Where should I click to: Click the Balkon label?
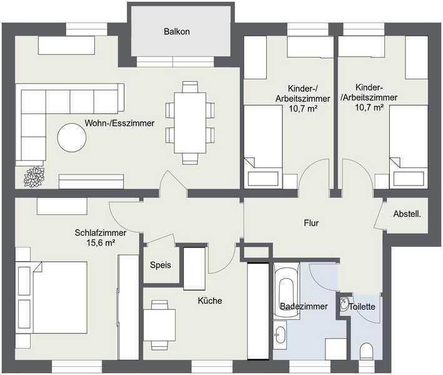(177, 31)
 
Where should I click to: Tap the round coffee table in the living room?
(72, 137)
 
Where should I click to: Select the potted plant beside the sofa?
(34, 177)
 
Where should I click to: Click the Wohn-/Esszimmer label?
(119, 123)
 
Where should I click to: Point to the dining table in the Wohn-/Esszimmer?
(190, 122)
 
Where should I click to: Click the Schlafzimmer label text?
(101, 232)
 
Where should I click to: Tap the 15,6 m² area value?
(101, 242)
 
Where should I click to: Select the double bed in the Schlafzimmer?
(51, 297)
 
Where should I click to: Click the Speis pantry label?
(161, 265)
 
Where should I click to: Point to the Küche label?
(210, 301)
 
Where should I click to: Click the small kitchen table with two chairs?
(159, 325)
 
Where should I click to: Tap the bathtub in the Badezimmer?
(287, 291)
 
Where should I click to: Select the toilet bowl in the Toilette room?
(367, 351)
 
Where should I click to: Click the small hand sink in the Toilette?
(344, 304)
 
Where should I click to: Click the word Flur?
(311, 223)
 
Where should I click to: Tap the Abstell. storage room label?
(407, 214)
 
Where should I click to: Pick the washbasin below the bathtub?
(281, 334)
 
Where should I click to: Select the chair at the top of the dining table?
(190, 87)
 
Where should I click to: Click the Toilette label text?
(362, 307)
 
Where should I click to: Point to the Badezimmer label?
(304, 306)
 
